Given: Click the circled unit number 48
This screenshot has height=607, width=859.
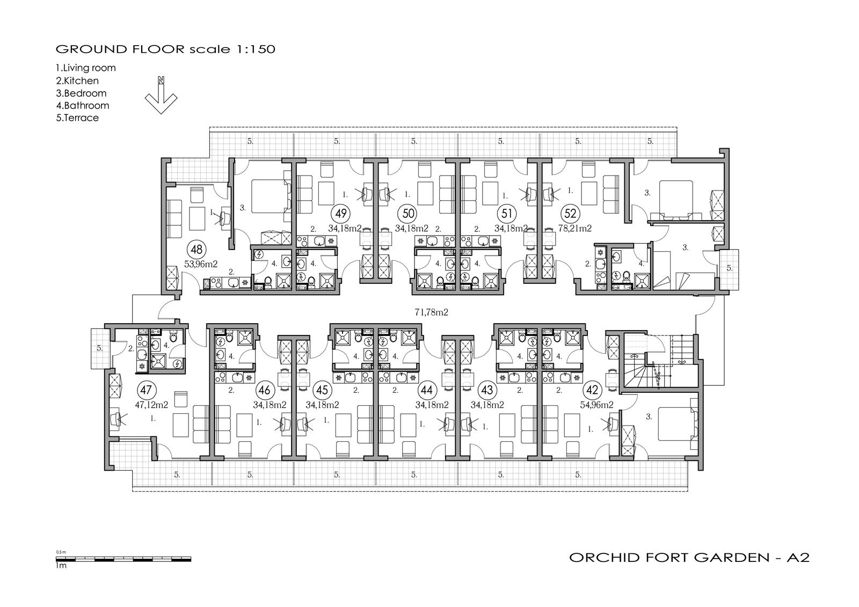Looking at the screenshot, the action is click(x=196, y=250).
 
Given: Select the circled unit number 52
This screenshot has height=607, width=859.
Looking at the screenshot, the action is click(x=571, y=213).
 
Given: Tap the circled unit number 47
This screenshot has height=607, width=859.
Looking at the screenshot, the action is click(x=145, y=390).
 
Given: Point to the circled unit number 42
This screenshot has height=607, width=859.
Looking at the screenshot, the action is click(x=593, y=390).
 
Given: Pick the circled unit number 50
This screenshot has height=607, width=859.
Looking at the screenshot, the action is click(x=409, y=213).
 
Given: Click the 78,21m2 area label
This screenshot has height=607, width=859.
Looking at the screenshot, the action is click(x=575, y=229).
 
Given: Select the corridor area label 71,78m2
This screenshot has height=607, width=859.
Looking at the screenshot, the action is click(x=432, y=312).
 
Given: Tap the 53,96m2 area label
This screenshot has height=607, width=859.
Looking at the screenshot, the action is click(x=201, y=264).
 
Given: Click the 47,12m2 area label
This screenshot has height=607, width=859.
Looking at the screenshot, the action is click(x=151, y=405).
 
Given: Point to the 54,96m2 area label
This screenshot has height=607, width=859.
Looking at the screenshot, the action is click(x=596, y=405).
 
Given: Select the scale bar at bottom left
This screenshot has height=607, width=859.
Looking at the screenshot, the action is click(x=123, y=559).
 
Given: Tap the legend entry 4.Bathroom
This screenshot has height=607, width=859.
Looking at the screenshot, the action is click(x=83, y=105).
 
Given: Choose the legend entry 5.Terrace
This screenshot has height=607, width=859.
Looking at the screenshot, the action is click(x=77, y=118).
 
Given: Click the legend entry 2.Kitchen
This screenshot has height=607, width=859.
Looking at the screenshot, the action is click(x=77, y=81).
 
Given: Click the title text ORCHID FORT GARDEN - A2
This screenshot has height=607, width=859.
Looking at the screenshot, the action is click(x=689, y=557).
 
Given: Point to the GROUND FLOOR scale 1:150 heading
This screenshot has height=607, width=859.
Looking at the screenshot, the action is click(x=165, y=49).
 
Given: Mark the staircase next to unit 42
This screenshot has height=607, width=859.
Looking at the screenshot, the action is click(x=659, y=361).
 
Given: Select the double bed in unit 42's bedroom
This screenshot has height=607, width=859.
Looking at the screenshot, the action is click(x=678, y=423).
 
